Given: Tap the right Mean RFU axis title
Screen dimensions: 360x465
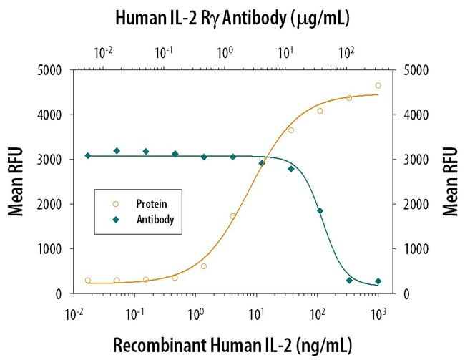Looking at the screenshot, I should coord(449,182).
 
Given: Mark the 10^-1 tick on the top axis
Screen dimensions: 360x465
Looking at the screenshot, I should coord(165,53).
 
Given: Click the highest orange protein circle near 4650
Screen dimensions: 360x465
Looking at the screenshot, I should coord(378,85).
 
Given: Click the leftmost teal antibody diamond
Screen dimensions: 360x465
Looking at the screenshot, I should coord(87,155).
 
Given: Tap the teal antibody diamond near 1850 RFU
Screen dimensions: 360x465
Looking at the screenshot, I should coord(320,210).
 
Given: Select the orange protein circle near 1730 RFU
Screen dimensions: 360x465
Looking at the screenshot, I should coord(232,216).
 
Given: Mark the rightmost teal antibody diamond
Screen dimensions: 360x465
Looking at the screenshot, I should coord(378,281).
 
